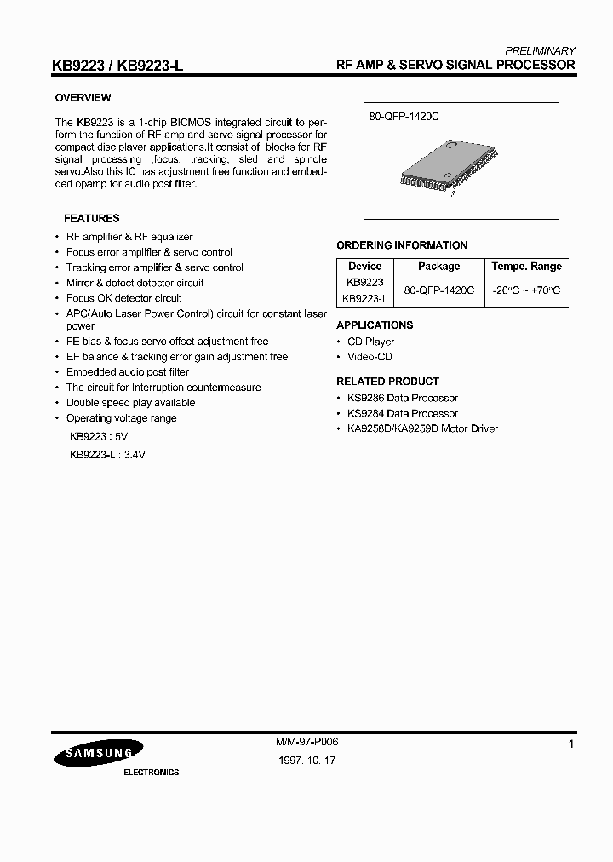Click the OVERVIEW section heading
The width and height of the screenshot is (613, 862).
tap(83, 98)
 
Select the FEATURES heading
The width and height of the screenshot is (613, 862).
tap(91, 218)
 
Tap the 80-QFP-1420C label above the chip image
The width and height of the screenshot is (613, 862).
tap(404, 115)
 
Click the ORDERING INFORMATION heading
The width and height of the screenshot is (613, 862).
tap(402, 245)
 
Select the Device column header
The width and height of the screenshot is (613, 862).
tap(364, 267)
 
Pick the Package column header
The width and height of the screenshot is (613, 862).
tap(438, 267)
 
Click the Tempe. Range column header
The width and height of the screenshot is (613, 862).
tap(526, 267)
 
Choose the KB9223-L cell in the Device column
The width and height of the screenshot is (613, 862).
tap(364, 298)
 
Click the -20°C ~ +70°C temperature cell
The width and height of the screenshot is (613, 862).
tap(526, 290)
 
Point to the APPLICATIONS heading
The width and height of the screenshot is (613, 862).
tap(375, 325)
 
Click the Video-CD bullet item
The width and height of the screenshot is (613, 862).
tap(370, 357)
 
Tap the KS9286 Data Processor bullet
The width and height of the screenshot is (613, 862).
tap(402, 398)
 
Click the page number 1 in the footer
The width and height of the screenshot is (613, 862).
tap(571, 745)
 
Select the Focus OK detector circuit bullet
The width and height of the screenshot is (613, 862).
tap(123, 298)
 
